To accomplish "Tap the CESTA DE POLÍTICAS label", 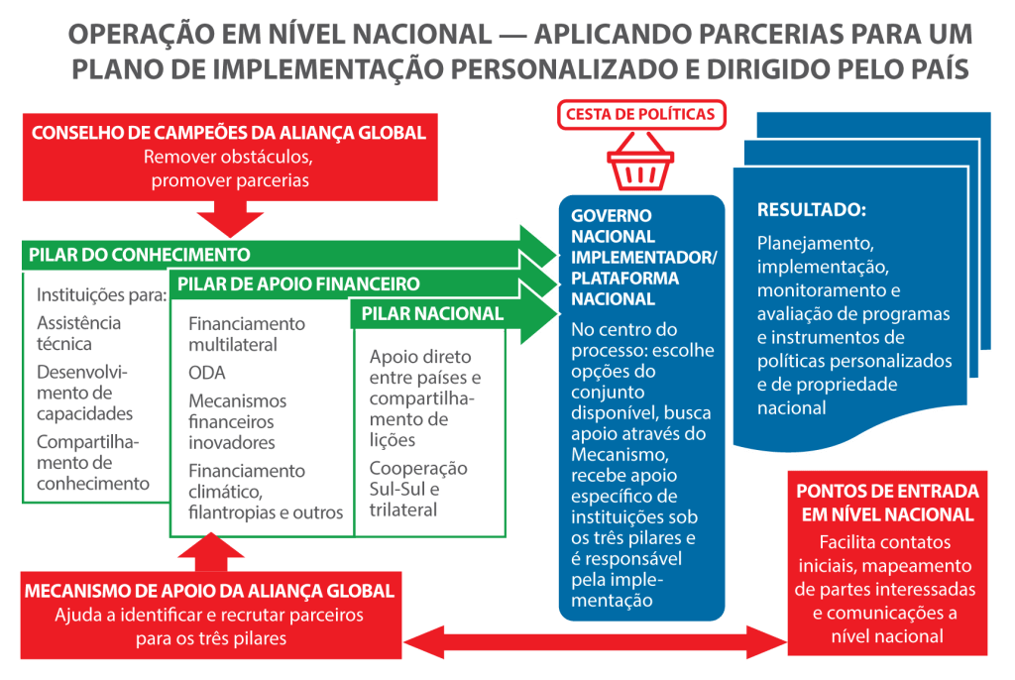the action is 640,115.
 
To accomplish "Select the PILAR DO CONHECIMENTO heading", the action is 139,255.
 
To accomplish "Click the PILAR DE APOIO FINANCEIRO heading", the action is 298,283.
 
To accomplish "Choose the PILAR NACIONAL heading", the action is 432,313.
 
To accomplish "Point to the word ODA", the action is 206,373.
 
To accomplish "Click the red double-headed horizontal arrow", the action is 595,641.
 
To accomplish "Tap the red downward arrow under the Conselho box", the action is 230,219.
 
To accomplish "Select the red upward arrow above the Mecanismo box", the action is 211,552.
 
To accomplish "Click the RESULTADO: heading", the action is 812,210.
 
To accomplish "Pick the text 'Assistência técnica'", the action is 78,333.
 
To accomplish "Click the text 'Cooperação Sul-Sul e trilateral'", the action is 418,489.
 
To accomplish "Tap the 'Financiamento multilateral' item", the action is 247,334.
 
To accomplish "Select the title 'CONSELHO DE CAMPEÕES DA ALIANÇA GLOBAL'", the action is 229,133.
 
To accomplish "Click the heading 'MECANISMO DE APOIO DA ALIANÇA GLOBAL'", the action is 209,591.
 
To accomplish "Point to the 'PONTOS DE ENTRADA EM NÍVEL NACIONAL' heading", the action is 887,503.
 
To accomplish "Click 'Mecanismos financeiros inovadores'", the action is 238,421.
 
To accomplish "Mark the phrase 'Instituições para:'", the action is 102,295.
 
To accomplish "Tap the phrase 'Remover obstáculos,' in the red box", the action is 229,158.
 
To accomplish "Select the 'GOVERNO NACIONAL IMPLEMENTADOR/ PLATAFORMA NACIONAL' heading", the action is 643,257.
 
